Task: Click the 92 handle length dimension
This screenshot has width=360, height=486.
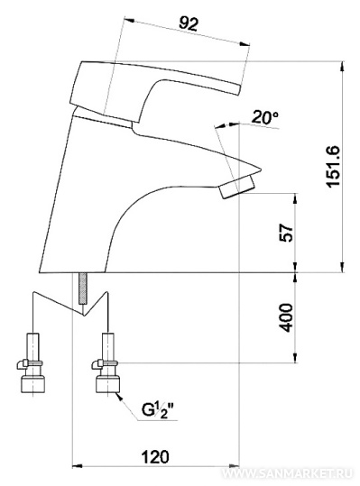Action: click(x=189, y=23)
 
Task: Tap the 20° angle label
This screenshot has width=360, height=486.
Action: click(x=264, y=117)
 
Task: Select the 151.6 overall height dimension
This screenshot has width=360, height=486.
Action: click(x=333, y=167)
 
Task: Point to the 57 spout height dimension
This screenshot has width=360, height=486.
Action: click(x=286, y=233)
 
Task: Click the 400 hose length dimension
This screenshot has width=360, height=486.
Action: click(x=286, y=317)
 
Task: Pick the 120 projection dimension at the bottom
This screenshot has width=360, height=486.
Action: click(x=155, y=457)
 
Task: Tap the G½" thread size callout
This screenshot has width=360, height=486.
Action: click(x=158, y=410)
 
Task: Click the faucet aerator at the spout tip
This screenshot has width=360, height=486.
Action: click(x=236, y=187)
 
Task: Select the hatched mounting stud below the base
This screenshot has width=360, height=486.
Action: click(x=83, y=289)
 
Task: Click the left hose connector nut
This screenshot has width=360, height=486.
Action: click(x=32, y=384)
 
